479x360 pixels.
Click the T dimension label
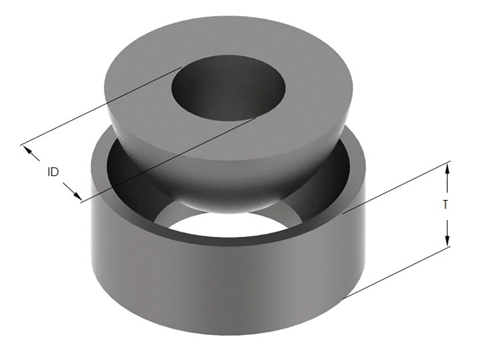[x=445, y=205]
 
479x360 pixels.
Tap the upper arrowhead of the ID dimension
[x=28, y=151]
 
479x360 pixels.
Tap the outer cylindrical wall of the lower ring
[x=216, y=288]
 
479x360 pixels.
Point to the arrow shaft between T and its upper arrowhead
[x=447, y=185]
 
